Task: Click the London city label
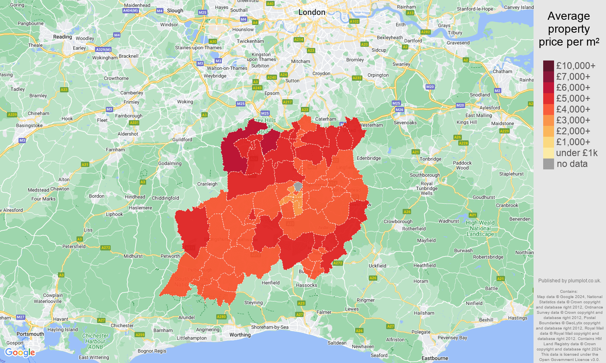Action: coord(312,13)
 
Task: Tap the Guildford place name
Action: coord(182,140)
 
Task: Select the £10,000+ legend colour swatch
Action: coord(548,66)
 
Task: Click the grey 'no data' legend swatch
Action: coord(548,164)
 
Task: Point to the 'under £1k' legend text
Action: coord(577,153)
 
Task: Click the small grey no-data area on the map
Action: coord(298,186)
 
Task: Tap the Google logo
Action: coord(20,353)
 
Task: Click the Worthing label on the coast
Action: coord(240,335)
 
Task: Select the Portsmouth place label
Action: coord(30,334)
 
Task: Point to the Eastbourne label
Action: coord(434,358)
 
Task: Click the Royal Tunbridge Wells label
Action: coord(427,188)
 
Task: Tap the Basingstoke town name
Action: coord(29,125)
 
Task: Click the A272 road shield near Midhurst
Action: coord(105,248)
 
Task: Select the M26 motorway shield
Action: coord(399,110)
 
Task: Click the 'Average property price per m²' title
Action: coord(569,29)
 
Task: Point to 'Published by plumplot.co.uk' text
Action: coord(569,281)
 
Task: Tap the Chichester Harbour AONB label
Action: coord(95,341)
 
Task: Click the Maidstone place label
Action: coord(502,123)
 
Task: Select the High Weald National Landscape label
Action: coord(480,228)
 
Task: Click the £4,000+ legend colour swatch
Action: coord(548,109)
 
